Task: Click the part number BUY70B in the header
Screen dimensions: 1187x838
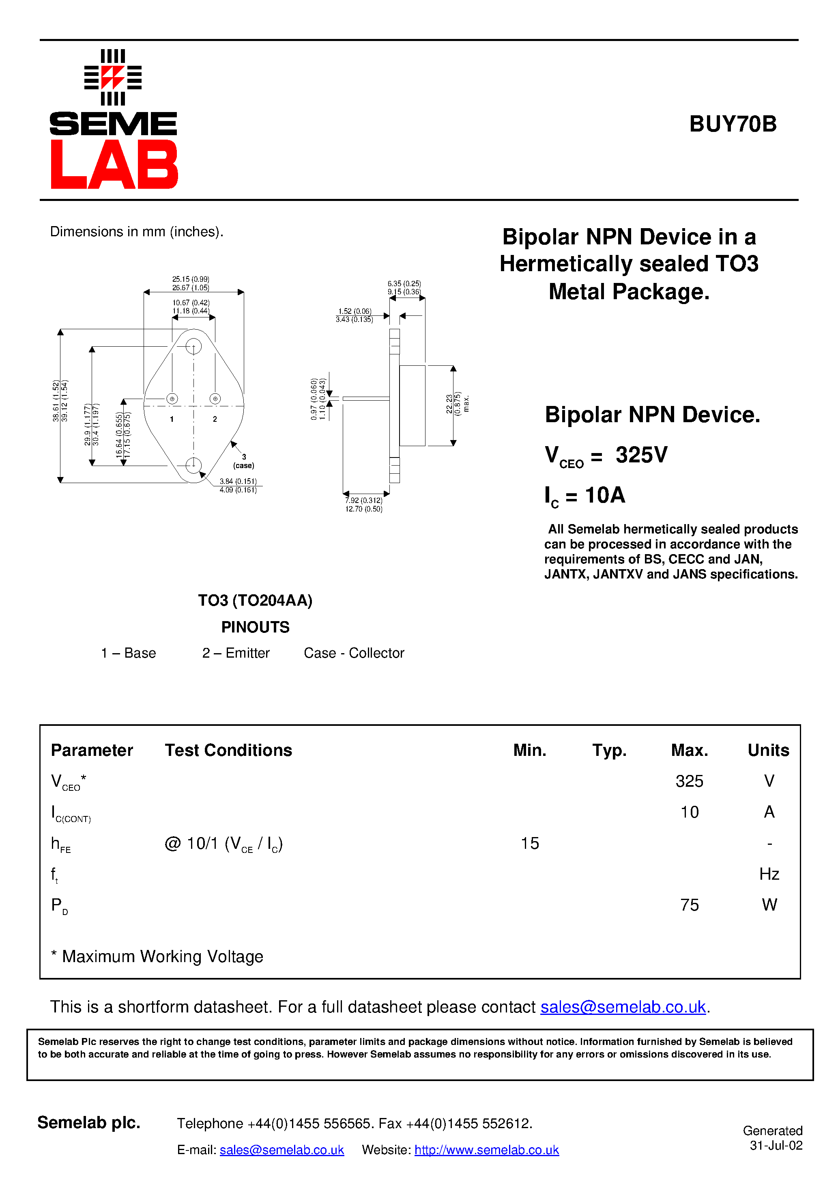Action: point(732,124)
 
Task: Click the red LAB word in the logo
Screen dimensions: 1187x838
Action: point(114,164)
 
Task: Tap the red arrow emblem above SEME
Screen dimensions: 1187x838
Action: point(113,78)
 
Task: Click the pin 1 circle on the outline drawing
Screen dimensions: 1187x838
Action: point(172,399)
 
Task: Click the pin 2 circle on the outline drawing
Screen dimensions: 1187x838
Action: point(215,399)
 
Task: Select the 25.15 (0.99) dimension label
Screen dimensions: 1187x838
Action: point(191,279)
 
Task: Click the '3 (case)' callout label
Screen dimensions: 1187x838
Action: point(243,461)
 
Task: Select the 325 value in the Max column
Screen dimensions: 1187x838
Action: point(689,781)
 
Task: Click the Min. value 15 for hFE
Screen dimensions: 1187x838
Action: point(530,843)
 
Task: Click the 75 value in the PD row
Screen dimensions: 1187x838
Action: point(689,905)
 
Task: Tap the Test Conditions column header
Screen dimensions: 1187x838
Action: point(228,750)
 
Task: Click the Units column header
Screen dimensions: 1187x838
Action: point(768,750)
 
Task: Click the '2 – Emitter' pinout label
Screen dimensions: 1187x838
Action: point(236,653)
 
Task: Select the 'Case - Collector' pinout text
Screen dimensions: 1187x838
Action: point(354,653)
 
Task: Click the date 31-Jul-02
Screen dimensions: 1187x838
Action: point(776,1146)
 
